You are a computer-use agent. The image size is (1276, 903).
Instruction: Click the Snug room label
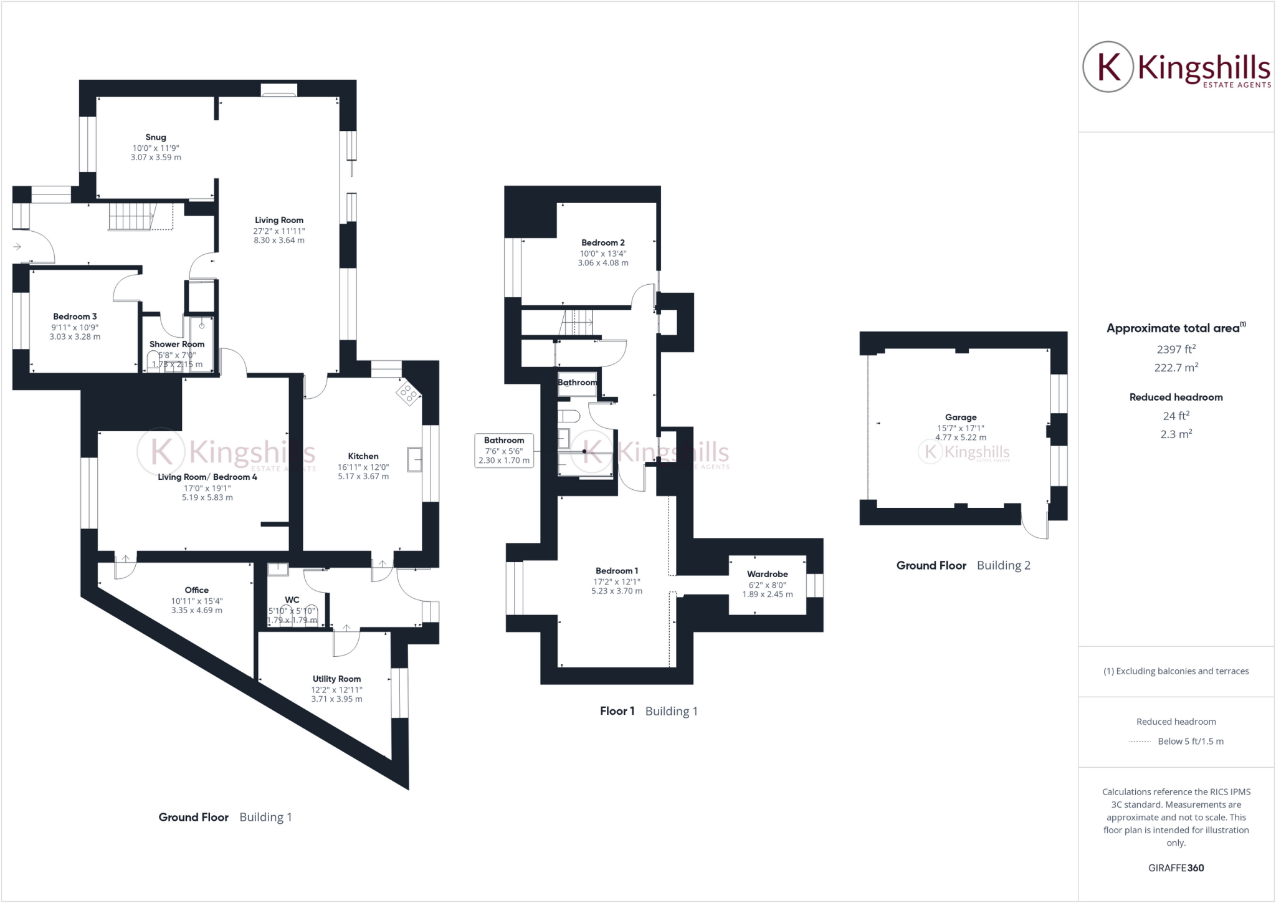tap(156, 137)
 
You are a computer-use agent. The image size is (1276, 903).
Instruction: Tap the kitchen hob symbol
tap(408, 393)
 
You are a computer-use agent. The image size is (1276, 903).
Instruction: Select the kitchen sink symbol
tap(414, 460)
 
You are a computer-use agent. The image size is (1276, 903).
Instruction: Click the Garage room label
tap(960, 418)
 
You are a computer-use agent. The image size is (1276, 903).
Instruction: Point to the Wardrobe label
tap(767, 574)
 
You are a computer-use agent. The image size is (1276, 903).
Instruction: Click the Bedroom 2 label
tap(602, 242)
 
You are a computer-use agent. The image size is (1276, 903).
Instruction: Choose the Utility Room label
tap(336, 679)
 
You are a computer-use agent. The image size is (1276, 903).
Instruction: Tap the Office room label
tap(196, 590)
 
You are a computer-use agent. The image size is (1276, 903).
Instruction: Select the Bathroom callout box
tap(503, 451)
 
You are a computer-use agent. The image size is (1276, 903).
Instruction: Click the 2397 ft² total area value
tap(1176, 349)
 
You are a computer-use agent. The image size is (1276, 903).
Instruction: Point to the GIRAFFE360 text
tap(1176, 867)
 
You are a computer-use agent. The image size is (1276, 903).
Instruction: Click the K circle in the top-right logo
tap(1108, 67)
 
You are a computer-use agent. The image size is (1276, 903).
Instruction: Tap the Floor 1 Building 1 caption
tap(648, 711)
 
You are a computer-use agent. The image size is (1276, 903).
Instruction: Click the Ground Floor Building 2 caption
tap(963, 565)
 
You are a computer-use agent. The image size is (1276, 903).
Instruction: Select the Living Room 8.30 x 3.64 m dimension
tap(279, 241)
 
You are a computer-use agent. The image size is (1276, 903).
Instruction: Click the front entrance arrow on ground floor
tap(17, 247)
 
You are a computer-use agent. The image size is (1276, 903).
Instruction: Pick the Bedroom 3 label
tap(75, 317)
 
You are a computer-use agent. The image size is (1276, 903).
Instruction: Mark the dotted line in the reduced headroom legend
tap(1140, 742)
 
